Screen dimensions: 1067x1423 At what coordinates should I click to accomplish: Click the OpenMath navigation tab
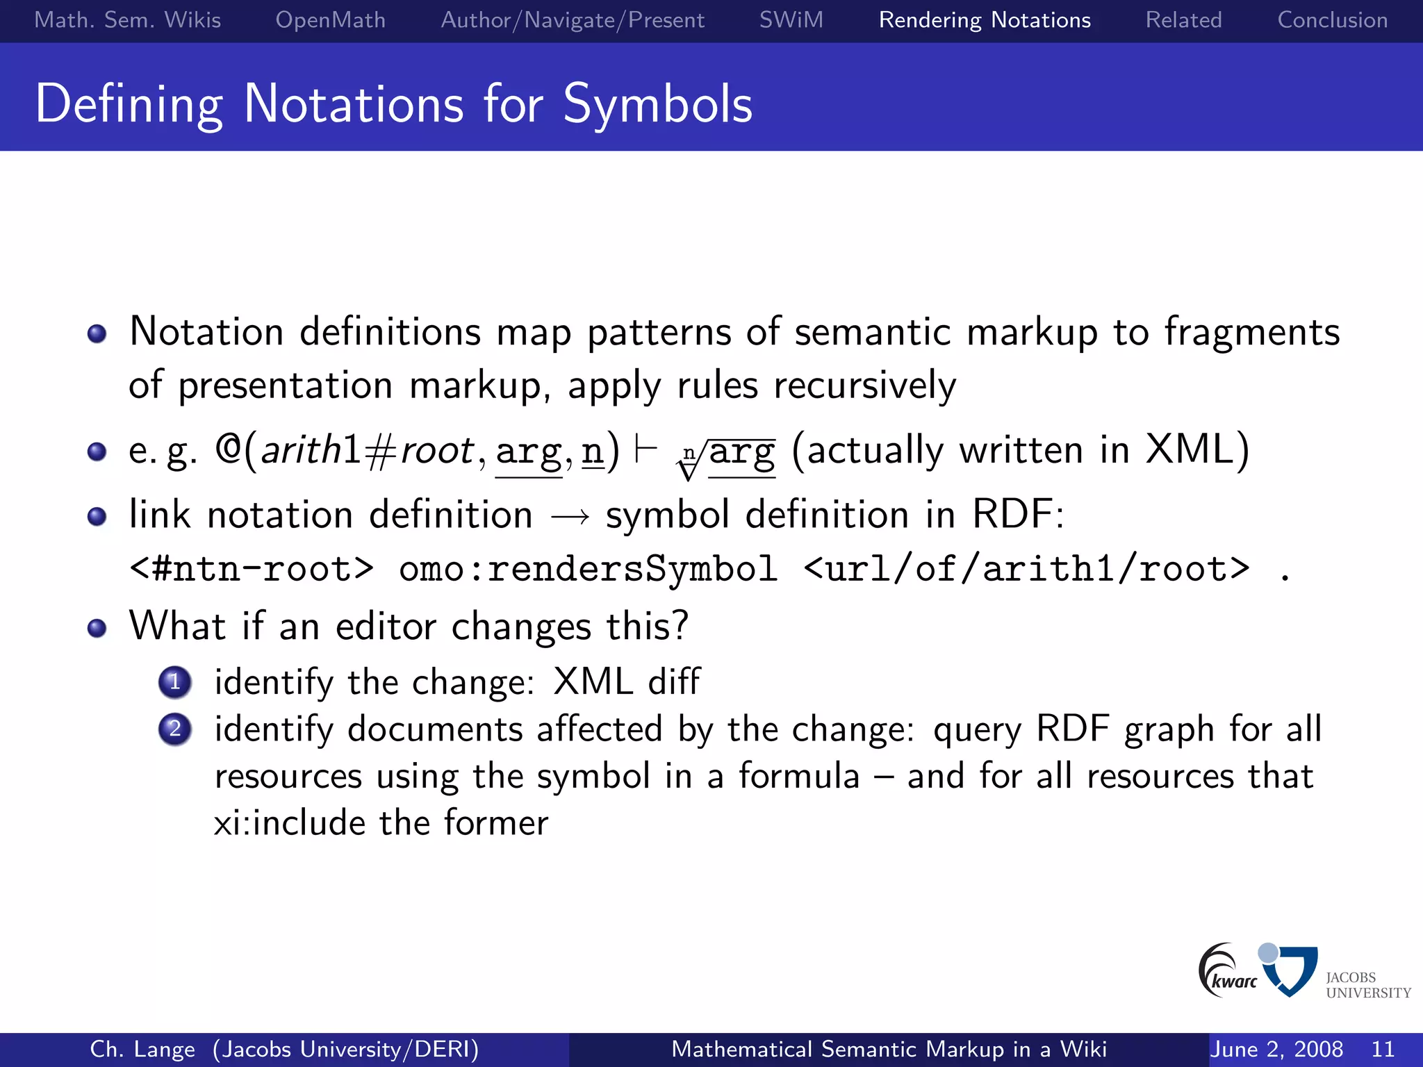330,20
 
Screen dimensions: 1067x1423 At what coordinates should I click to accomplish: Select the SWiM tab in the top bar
791,20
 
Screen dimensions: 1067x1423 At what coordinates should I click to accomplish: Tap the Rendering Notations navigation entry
985,20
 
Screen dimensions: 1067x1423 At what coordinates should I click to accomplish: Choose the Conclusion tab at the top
1332,20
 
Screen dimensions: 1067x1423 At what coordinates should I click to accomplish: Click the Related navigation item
1183,20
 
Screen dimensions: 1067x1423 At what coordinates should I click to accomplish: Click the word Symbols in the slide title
657,104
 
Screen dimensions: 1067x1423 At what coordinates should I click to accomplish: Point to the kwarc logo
1226,971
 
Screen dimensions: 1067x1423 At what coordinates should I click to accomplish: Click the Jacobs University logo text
1367,985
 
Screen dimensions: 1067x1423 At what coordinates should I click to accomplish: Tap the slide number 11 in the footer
1383,1049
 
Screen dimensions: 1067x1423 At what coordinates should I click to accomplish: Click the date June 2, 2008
1276,1049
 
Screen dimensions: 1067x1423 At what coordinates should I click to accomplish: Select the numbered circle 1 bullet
174,682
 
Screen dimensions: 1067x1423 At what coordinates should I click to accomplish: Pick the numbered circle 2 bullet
174,729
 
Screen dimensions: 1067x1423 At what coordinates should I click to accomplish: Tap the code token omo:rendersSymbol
588,569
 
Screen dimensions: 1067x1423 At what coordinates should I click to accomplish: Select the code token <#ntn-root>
252,569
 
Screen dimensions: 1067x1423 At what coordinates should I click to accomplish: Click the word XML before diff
593,681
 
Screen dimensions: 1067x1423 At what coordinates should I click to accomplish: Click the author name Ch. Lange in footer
142,1049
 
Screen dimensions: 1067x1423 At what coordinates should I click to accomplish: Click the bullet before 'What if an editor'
97,628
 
